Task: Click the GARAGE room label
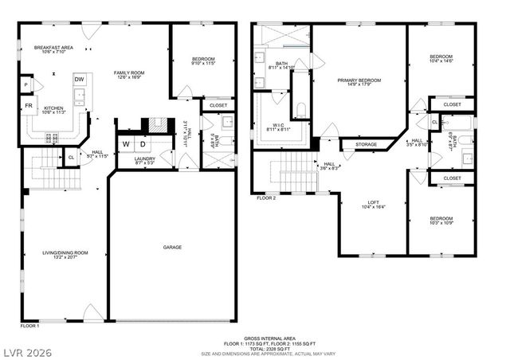pyautogui.click(x=172, y=247)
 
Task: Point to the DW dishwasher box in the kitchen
pyautogui.click(x=80, y=80)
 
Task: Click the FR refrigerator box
pyautogui.click(x=29, y=105)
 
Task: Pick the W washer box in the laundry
pyautogui.click(x=126, y=143)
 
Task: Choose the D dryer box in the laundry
pyautogui.click(x=143, y=143)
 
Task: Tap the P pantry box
pyautogui.click(x=26, y=84)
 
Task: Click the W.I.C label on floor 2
pyautogui.click(x=278, y=125)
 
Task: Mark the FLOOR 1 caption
pyautogui.click(x=29, y=325)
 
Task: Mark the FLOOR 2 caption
pyautogui.click(x=266, y=197)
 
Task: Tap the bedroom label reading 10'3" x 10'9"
pyautogui.click(x=441, y=221)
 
